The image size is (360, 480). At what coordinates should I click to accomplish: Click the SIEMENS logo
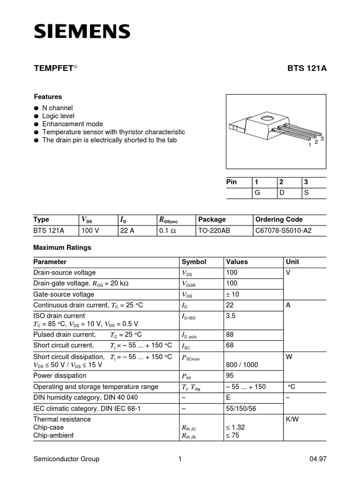pyautogui.click(x=82, y=31)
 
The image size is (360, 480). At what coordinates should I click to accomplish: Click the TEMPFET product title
pyautogui.click(x=54, y=68)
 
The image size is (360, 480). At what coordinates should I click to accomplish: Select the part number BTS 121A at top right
pyautogui.click(x=307, y=68)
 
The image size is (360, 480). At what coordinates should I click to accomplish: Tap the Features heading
pyautogui.click(x=48, y=97)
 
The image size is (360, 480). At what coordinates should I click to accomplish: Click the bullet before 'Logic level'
pyautogui.click(x=36, y=116)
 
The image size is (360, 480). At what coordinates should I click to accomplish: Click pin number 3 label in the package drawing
pyautogui.click(x=322, y=139)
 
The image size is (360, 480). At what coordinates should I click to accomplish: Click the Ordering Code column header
pyautogui.click(x=279, y=219)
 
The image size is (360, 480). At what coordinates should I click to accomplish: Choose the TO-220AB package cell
pyautogui.click(x=214, y=231)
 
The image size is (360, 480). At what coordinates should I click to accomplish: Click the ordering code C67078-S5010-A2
pyautogui.click(x=283, y=231)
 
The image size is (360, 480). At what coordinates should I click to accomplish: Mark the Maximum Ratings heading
pyautogui.click(x=62, y=247)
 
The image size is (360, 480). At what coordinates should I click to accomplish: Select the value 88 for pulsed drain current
pyautogui.click(x=230, y=335)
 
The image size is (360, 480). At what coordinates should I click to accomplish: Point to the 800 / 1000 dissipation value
pyautogui.click(x=241, y=365)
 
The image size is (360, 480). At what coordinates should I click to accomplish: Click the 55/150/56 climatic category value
pyautogui.click(x=241, y=409)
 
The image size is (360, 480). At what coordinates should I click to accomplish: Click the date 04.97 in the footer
pyautogui.click(x=318, y=459)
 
